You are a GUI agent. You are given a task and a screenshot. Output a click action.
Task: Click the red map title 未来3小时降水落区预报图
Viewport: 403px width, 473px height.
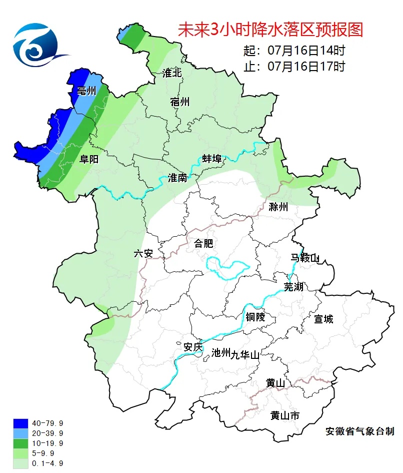pos(270,31)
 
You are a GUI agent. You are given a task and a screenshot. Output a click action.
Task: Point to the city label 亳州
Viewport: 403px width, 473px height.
pos(86,91)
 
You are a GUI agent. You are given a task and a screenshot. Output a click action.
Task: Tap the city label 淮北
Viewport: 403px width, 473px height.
pos(172,73)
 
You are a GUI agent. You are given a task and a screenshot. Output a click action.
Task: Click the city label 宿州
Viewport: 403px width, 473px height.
pos(180,102)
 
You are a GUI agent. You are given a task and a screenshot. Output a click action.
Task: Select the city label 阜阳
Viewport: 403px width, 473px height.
pos(89,159)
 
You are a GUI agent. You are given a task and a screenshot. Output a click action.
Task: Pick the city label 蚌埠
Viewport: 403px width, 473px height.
pos(212,159)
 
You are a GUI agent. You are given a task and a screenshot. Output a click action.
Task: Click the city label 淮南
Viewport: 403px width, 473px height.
pos(178,178)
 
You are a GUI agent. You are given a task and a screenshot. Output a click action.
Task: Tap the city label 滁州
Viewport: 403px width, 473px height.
pos(278,207)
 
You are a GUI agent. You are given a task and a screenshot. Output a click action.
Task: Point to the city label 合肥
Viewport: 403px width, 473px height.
pos(203,244)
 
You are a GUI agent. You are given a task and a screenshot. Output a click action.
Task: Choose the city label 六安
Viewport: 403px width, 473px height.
pos(143,253)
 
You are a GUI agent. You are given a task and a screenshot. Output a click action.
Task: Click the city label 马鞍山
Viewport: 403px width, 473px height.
pos(305,258)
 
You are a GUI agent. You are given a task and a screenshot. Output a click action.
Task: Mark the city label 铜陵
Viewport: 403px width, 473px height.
pos(255,317)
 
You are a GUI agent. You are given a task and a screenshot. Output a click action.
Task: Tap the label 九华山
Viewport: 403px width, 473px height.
pos(245,355)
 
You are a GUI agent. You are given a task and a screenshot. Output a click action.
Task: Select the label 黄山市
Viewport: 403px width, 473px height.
pos(285,415)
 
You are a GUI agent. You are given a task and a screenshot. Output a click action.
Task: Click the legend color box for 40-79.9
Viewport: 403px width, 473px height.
pos(20,423)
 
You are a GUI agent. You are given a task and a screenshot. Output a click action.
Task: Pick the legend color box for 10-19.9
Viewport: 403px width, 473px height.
pos(20,443)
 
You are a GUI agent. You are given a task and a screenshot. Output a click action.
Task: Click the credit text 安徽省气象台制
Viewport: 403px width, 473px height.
pos(359,431)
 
